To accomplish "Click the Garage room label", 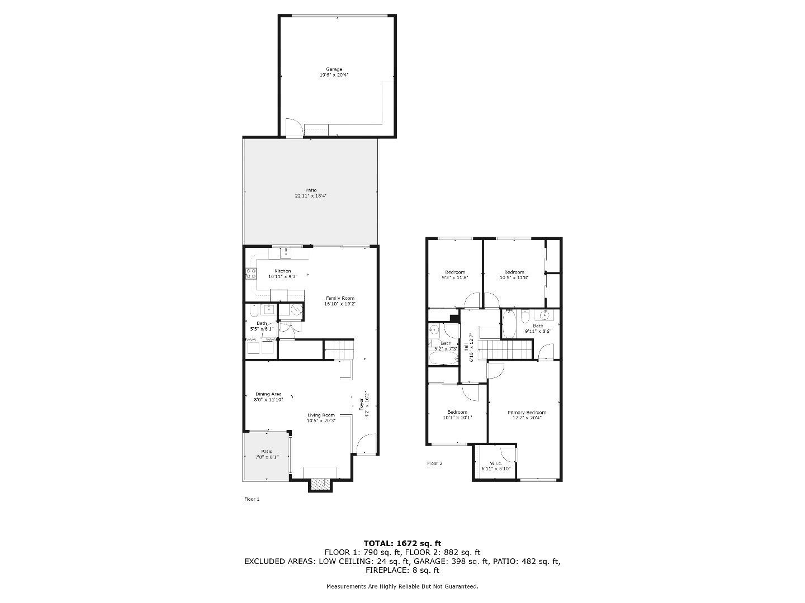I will (x=334, y=69).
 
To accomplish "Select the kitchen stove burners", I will (x=250, y=274).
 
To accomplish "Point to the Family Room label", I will (x=339, y=298).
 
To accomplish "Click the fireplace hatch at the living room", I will (x=320, y=484).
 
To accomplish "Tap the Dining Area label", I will (x=268, y=394).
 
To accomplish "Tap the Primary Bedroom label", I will (x=527, y=413).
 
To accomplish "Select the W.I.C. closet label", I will (x=495, y=463).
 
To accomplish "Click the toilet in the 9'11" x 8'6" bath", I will (x=524, y=317).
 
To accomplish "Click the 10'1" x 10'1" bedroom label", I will (x=457, y=412).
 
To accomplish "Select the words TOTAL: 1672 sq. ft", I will (x=402, y=543).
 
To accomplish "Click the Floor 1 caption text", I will (x=252, y=499).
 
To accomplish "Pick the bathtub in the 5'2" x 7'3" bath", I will (x=443, y=357).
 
